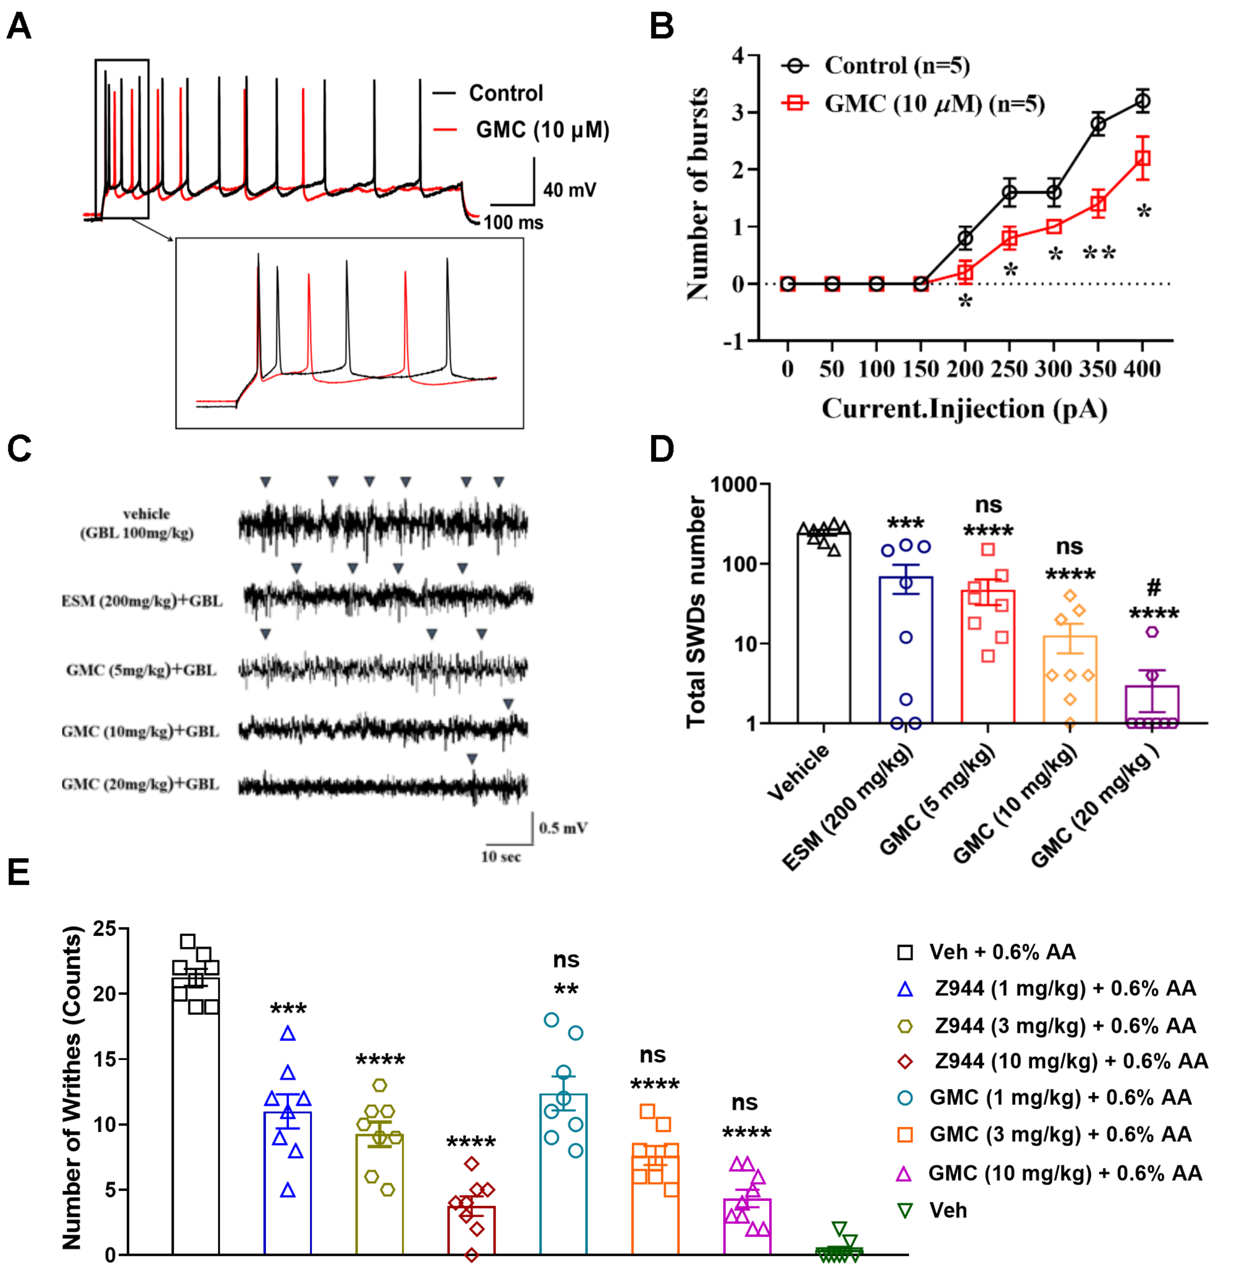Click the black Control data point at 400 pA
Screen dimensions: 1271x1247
click(x=1142, y=102)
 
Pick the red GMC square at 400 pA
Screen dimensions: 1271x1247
click(x=1142, y=158)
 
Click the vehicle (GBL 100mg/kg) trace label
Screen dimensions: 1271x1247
click(x=138, y=523)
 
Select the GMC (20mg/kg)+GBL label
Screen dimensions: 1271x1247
click(x=141, y=784)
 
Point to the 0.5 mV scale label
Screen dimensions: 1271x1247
click(x=562, y=828)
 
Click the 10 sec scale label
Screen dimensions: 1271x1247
click(x=501, y=857)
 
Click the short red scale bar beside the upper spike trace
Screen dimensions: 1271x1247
click(x=446, y=130)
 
